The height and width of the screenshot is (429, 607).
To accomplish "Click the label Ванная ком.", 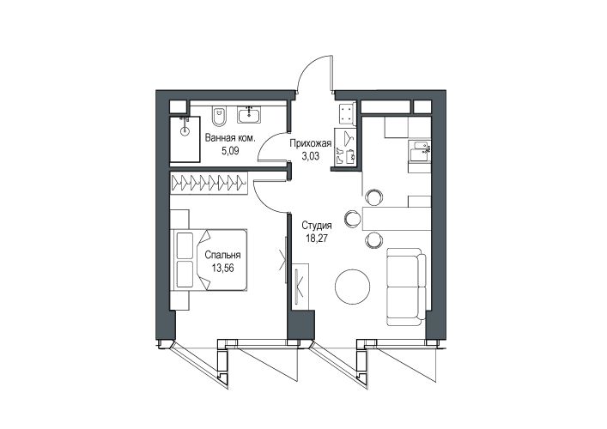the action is point(230,138).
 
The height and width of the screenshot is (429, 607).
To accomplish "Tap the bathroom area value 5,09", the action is point(230,151).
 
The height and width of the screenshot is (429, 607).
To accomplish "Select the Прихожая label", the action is point(311,143).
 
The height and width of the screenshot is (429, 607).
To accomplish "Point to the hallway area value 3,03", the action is point(311,156).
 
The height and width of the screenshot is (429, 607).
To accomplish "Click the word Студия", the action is point(317,226).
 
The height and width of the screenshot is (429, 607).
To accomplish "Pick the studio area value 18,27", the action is point(317,239).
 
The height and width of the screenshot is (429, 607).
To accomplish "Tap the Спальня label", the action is point(222,255).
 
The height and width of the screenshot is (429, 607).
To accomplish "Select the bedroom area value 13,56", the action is point(222,268).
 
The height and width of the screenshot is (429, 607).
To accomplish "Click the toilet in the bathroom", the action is point(219,115).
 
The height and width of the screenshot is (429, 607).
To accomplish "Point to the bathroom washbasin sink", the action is point(249,114).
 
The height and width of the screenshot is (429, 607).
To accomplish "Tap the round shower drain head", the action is point(185,130).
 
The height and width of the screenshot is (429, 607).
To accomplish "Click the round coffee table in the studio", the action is point(352,287).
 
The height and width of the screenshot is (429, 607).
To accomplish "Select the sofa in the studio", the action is point(406,287).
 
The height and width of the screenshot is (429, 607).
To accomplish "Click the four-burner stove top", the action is point(347,114).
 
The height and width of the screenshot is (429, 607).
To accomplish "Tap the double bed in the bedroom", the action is point(209,259).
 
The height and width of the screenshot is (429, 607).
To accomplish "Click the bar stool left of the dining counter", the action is point(353,219).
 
